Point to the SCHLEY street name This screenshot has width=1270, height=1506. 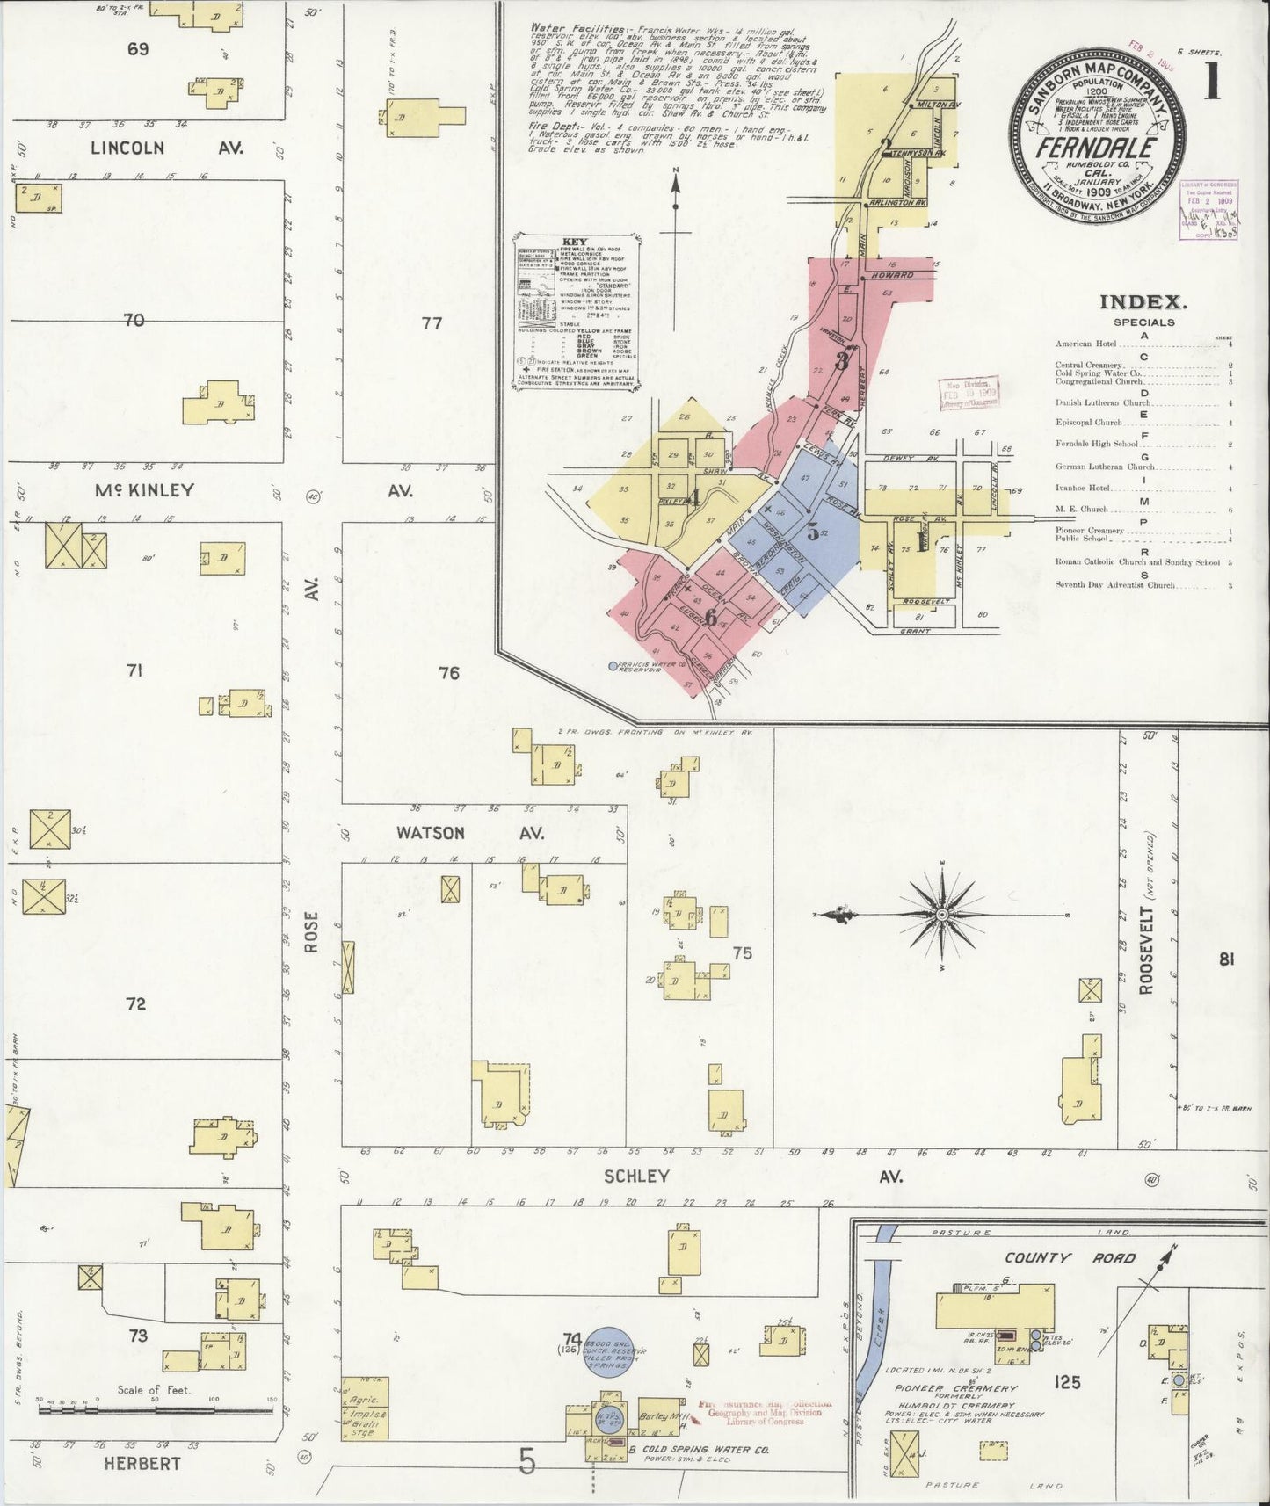pyautogui.click(x=636, y=1176)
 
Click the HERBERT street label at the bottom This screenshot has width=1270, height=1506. pyautogui.click(x=142, y=1463)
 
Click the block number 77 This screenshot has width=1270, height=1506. pyautogui.click(x=432, y=322)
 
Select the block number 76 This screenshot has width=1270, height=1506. pyautogui.click(x=449, y=673)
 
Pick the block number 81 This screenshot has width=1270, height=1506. pyautogui.click(x=1226, y=959)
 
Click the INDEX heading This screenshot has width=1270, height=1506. pyautogui.click(x=1143, y=302)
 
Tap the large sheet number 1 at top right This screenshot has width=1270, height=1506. pyautogui.click(x=1213, y=82)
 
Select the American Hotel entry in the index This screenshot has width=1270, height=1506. pyautogui.click(x=1085, y=344)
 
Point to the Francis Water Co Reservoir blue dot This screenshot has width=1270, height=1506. pyautogui.click(x=613, y=665)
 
